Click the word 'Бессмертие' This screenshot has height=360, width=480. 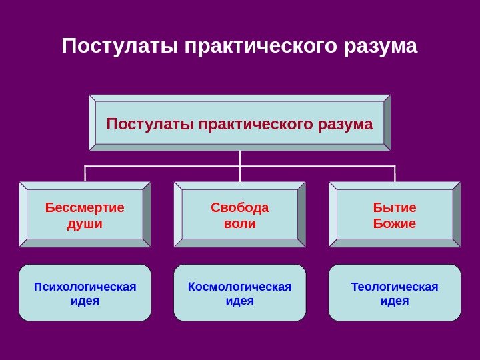tap(85, 207)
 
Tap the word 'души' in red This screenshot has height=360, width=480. tap(85, 223)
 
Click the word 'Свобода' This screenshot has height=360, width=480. tap(239, 207)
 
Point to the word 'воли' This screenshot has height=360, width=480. tap(239, 223)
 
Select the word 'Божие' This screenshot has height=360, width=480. tap(394, 223)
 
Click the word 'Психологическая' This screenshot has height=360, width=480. tap(85, 287)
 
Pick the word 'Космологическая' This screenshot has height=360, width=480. tap(239, 287)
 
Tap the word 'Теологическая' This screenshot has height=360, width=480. tap(394, 287)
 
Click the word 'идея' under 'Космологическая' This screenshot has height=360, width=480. tap(239, 301)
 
